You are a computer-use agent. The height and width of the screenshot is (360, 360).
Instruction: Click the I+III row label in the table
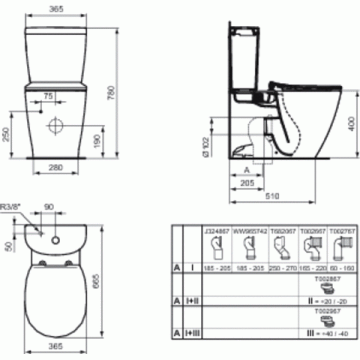pyautogui.click(x=194, y=331)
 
